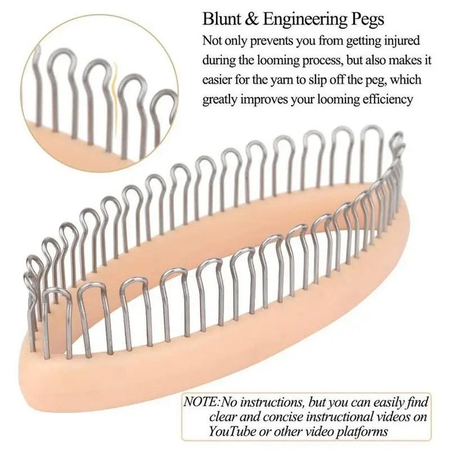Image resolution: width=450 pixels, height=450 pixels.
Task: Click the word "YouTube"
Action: (x=232, y=431)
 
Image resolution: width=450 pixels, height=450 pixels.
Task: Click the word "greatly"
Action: (x=219, y=100)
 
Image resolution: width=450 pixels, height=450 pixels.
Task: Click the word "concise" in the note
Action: (x=282, y=417)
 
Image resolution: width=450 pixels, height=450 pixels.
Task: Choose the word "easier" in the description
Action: (x=217, y=80)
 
